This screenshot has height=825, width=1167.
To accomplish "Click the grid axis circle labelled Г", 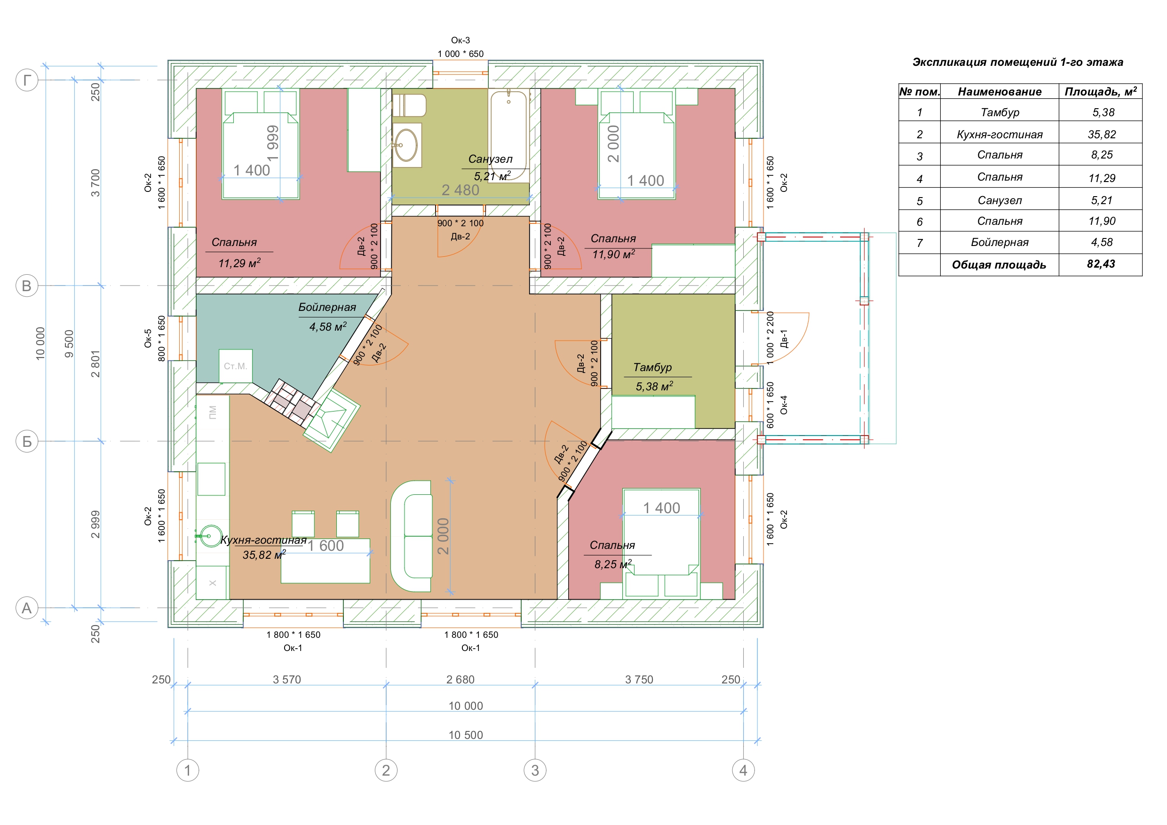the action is pos(27,80).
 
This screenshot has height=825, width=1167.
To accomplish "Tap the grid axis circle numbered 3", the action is pos(535,770).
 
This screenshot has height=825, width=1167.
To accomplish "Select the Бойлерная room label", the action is pos(327,307).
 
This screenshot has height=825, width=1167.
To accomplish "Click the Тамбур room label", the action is pos(652,367).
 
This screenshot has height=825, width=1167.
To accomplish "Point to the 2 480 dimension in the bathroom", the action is pos(460,190).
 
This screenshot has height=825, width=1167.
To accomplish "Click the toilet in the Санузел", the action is pos(409,105).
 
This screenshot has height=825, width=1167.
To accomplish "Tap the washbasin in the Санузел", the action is pos(406,145).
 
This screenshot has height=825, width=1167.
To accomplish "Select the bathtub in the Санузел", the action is pos(509,135).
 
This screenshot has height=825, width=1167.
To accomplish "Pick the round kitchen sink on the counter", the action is pos(210,536).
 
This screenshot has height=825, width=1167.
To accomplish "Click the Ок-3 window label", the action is pos(460,40).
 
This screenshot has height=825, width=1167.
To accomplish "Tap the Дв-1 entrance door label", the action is pos(784,339).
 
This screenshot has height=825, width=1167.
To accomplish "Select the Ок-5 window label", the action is pos(148,339).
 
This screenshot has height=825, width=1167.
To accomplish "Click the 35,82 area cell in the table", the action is pos(1102,134).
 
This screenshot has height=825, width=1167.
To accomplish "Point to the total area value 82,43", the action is pos(1101,264).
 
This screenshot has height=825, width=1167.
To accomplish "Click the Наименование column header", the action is pos(999,92).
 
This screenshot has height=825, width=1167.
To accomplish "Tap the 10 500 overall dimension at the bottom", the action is pos(466,735).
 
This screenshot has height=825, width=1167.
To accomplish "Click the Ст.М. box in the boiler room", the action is pos(235,366).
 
